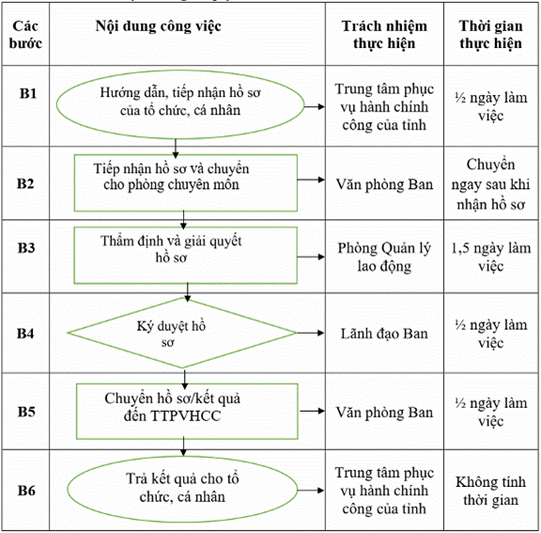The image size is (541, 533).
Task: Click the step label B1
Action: click(x=28, y=94)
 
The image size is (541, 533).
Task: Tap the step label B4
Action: click(x=25, y=334)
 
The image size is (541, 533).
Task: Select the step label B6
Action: click(x=26, y=491)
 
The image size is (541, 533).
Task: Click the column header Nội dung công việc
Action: click(x=159, y=26)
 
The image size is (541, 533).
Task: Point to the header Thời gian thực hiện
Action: click(x=490, y=35)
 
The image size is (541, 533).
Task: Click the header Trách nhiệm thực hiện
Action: click(x=384, y=35)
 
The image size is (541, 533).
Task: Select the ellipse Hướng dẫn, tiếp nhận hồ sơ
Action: click(x=180, y=104)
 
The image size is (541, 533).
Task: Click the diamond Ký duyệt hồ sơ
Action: click(x=182, y=333)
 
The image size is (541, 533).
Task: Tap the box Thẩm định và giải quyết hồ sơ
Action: click(x=186, y=256)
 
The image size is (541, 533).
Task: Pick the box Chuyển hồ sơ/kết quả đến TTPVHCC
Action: click(x=187, y=412)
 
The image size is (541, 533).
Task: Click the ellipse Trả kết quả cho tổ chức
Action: click(x=182, y=489)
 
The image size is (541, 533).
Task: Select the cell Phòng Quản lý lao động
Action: click(x=384, y=258)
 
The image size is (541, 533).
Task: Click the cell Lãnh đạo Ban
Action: click(x=384, y=334)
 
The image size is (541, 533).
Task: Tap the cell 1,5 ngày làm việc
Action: click(x=491, y=258)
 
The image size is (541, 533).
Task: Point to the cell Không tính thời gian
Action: click(x=490, y=491)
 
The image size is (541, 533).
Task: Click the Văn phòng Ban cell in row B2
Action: click(x=384, y=184)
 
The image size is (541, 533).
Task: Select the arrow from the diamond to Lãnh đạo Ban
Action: click(x=311, y=333)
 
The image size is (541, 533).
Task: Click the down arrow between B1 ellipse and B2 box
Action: click(x=176, y=149)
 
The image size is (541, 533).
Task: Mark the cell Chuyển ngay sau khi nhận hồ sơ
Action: click(x=490, y=184)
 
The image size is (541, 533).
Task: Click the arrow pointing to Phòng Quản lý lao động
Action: click(x=311, y=257)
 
